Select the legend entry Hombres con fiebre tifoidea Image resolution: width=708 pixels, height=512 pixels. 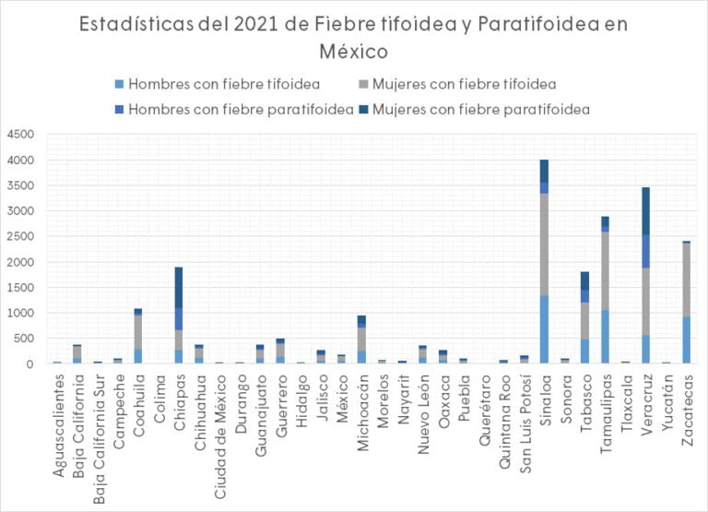[x=224, y=84]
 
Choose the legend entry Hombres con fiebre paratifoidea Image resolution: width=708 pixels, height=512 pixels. [x=241, y=110]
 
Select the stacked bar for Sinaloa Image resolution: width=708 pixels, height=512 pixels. [x=544, y=262]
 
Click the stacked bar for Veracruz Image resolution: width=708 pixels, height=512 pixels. [x=645, y=276]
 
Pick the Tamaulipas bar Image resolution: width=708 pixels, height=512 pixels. [x=605, y=290]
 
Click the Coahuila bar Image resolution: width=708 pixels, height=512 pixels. [x=138, y=336]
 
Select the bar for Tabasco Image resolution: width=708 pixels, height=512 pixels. [x=584, y=317]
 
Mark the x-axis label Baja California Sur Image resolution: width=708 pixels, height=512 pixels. [x=99, y=435]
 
